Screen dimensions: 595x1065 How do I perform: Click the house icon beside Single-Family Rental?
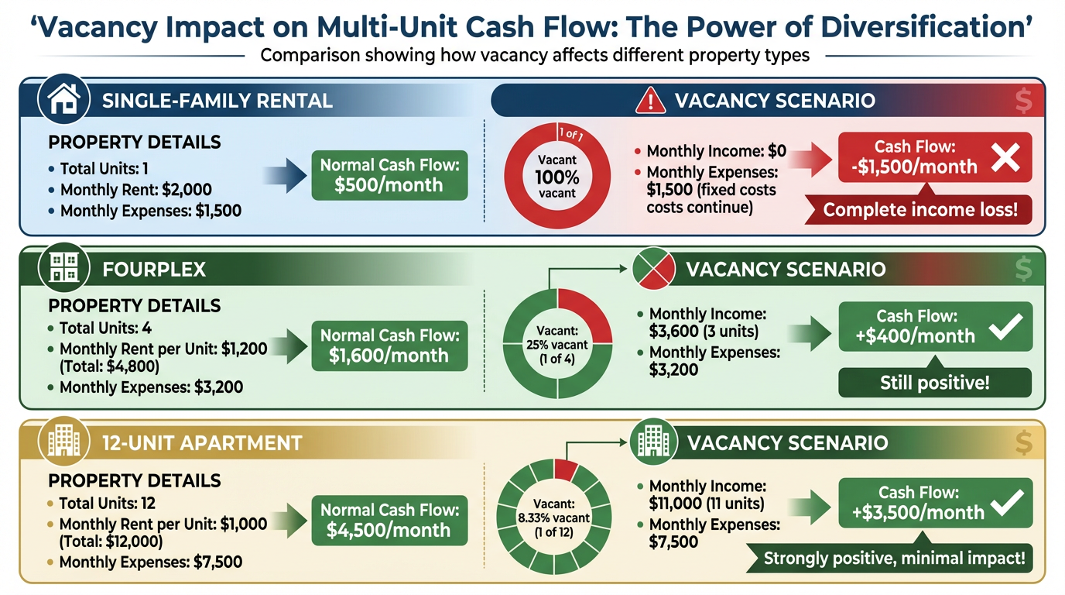[x=63, y=99]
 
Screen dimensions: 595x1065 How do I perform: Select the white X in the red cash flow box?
[x=1005, y=158]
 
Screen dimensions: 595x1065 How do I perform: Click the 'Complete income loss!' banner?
[x=919, y=209]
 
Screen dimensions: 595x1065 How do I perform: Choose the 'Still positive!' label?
[x=935, y=383]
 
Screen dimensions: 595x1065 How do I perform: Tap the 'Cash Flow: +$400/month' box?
[x=935, y=326]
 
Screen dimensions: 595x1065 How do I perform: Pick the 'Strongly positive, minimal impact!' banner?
[x=893, y=558]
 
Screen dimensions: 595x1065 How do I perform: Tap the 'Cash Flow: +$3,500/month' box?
[x=935, y=503]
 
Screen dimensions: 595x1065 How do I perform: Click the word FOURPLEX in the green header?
[x=154, y=270]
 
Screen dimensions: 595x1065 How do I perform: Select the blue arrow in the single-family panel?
[x=279, y=176]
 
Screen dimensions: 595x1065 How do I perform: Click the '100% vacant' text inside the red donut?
[x=556, y=176]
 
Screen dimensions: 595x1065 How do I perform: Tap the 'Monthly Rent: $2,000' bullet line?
[x=135, y=190]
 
